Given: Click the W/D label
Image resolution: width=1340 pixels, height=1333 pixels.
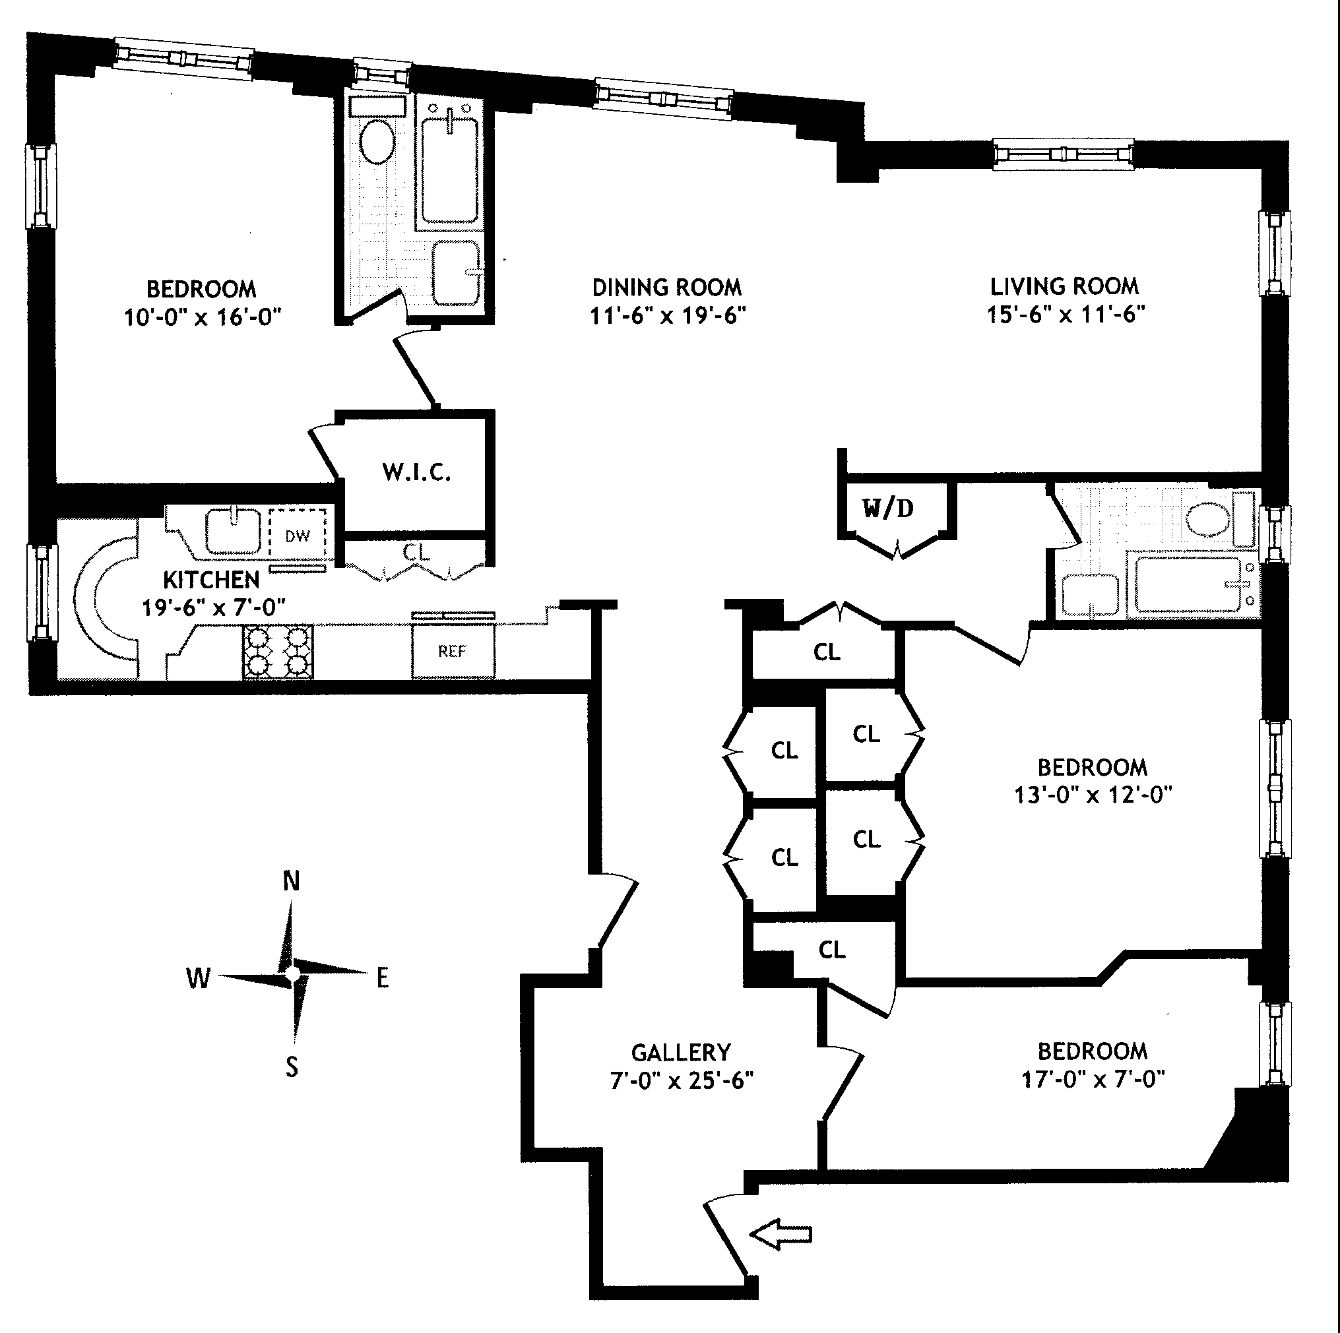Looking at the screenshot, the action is pos(888,509).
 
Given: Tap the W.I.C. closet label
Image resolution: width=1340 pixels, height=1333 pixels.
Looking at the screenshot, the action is pos(416,472).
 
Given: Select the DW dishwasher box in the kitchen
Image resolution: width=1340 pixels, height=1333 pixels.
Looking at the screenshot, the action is pos(298,536).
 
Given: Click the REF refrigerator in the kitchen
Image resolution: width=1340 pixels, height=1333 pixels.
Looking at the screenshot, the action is pos(452,651).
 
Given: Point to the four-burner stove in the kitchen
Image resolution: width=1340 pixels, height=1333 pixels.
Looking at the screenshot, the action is pos(277,652).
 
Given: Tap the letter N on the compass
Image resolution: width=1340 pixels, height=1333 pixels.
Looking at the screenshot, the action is pos(292,881).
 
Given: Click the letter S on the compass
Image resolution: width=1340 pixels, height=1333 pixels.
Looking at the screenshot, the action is pos(292,1066).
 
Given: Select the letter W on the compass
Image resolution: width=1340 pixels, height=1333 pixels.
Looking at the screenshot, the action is pos(198,979).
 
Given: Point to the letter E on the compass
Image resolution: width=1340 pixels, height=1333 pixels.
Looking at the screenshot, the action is pos(382,979).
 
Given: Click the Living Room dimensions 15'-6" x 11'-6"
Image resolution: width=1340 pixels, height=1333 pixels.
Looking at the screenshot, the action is pos(1066,315).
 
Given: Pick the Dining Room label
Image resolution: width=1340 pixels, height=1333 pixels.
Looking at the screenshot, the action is pos(666,287).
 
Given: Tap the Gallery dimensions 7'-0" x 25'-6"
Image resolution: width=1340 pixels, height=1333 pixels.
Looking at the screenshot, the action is pos(681,1080).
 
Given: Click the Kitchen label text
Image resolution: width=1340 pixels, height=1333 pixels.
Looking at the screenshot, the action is pos(211,580).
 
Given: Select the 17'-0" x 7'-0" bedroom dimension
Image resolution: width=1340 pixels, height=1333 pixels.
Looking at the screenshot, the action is pos(1093,1079).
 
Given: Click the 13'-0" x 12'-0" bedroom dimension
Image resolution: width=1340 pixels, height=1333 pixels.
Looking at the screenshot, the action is pos(1093,795).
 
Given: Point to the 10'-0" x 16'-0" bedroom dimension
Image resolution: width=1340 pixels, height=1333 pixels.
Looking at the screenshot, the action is pos(202,318).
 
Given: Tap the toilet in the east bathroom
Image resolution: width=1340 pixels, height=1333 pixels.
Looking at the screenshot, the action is pos(1208,519).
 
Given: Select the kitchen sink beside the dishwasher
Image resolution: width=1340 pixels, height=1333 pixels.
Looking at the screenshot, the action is pos(233,531).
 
